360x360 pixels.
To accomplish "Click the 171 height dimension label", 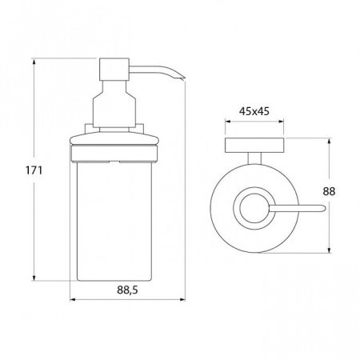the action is [34, 170].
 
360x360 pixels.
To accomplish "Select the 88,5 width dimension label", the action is [127, 290].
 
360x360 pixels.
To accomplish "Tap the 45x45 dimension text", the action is [254, 111].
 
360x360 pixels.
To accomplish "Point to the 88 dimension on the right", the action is [329, 191].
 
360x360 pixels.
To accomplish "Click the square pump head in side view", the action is [114, 70].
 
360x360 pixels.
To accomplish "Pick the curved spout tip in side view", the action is [181, 78].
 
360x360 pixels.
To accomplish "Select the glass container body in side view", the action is [114, 221].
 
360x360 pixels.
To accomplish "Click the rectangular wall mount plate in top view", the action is [254, 146].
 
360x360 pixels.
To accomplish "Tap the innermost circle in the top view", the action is [254, 208].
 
